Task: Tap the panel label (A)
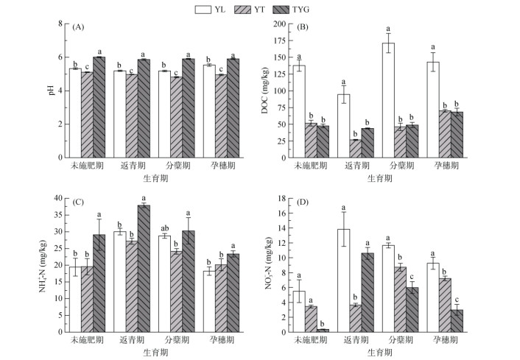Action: click(80, 27)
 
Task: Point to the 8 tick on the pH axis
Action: click(63, 24)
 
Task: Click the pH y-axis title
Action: click(52, 91)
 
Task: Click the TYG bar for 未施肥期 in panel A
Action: click(99, 107)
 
